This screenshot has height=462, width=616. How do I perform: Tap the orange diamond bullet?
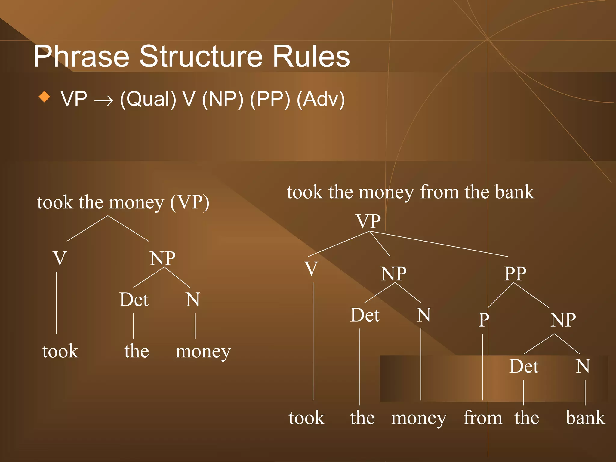(x=45, y=97)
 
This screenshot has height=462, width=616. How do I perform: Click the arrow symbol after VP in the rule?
(x=104, y=100)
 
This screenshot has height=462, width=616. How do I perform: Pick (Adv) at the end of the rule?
(x=321, y=99)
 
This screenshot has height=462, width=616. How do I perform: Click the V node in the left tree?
(x=60, y=258)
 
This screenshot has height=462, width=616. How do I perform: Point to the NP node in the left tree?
(x=163, y=258)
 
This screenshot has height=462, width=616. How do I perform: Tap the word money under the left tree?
(x=203, y=351)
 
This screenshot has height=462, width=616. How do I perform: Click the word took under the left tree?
(x=60, y=351)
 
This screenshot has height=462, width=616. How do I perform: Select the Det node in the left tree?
(x=134, y=300)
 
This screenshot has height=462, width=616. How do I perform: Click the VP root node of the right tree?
(x=368, y=221)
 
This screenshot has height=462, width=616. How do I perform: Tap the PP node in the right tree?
(x=515, y=274)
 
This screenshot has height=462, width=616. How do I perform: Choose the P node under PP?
(x=484, y=320)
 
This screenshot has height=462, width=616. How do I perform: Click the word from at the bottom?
(x=483, y=418)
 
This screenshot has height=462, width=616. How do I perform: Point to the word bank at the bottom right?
(x=585, y=418)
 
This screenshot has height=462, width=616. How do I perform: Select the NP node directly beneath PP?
(x=563, y=320)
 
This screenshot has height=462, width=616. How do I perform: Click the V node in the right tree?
(x=311, y=268)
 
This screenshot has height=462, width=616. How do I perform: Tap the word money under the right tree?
(x=419, y=418)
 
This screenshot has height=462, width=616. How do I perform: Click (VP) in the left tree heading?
(x=189, y=202)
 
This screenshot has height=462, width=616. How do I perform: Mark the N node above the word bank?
(x=583, y=366)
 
